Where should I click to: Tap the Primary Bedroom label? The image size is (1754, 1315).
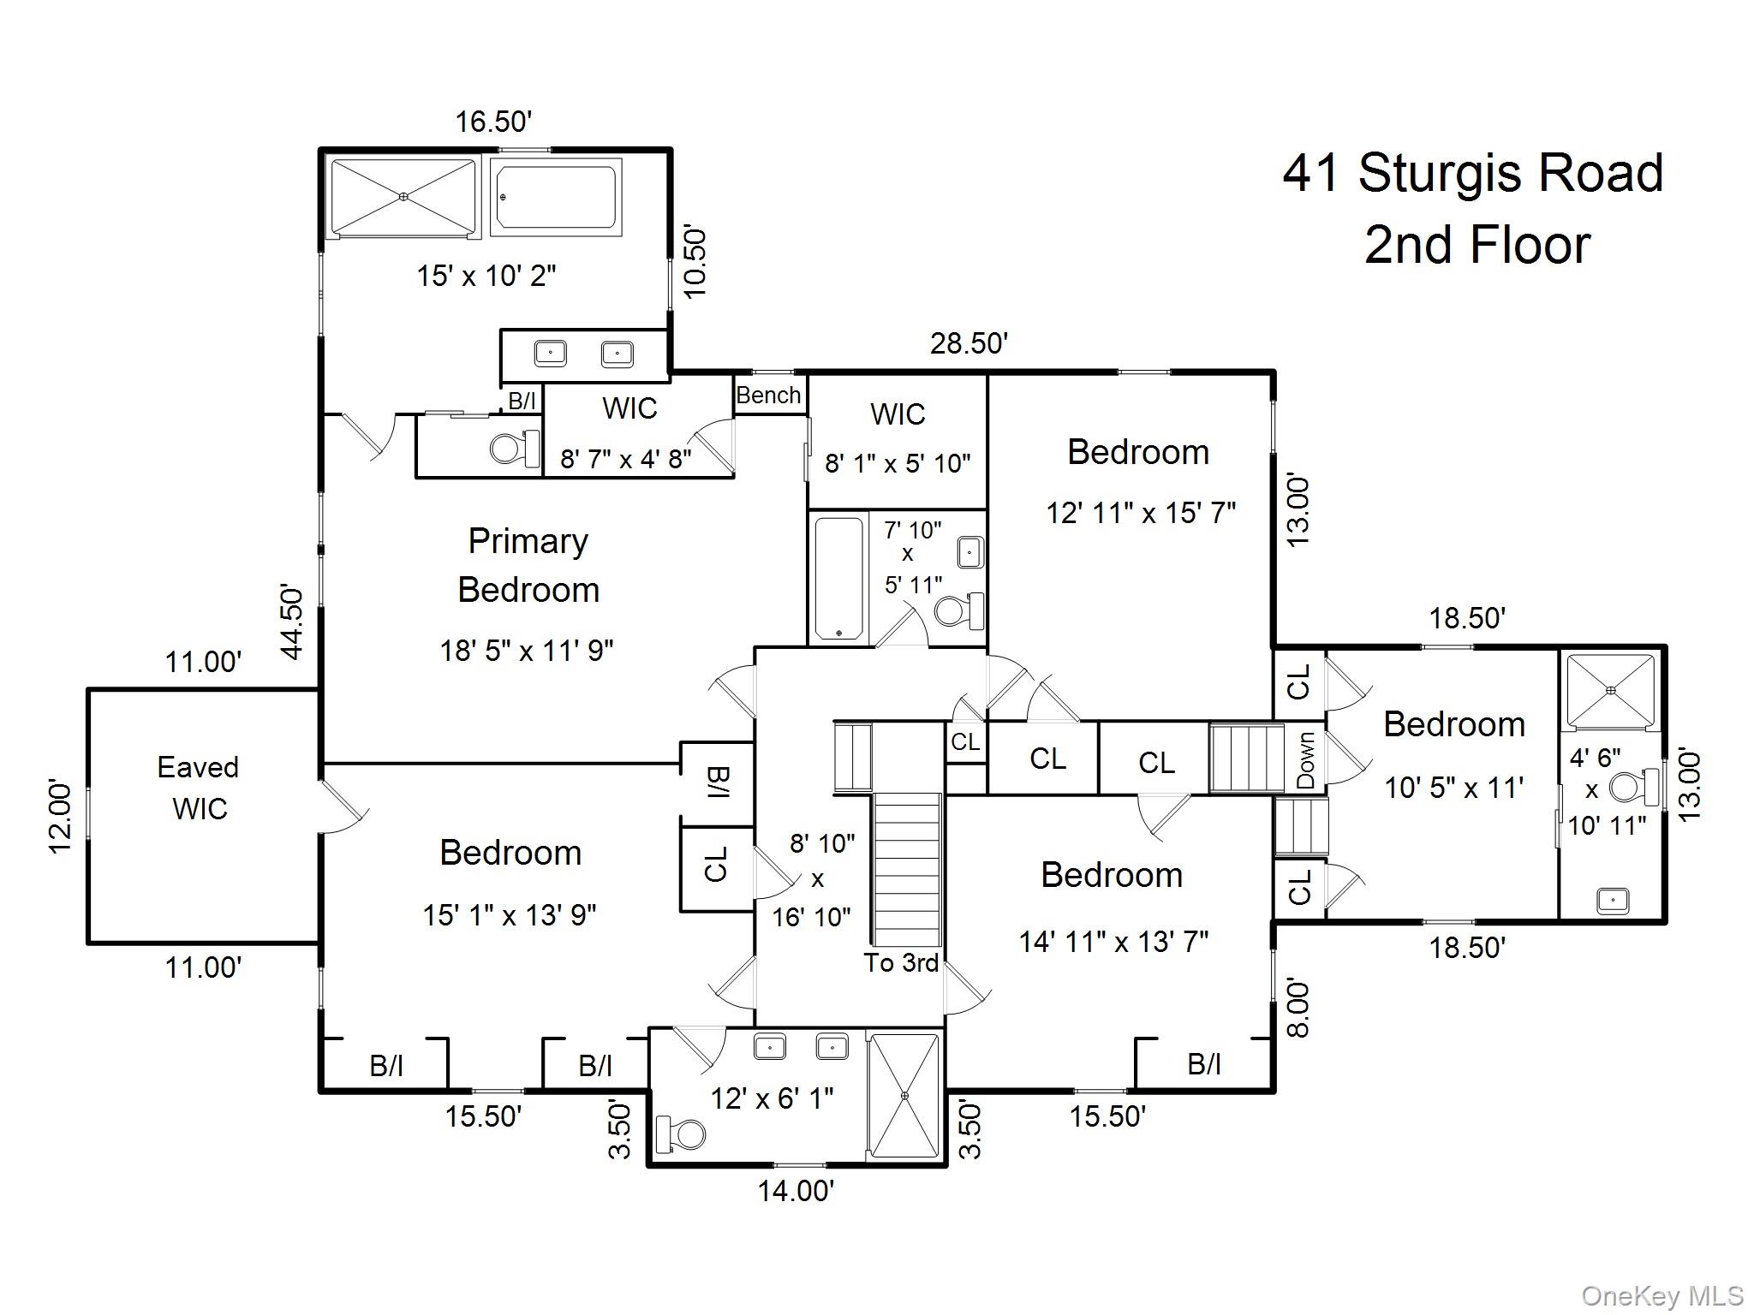tap(528, 565)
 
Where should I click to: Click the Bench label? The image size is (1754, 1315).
tap(768, 396)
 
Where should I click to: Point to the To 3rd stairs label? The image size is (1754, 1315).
tap(900, 963)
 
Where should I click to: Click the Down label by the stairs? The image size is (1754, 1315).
tap(1305, 760)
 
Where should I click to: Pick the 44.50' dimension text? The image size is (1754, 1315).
tap(292, 622)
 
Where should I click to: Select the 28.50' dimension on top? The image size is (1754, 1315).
tap(969, 343)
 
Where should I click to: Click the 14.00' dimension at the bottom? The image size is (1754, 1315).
tap(796, 1191)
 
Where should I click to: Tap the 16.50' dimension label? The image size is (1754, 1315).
tap(493, 122)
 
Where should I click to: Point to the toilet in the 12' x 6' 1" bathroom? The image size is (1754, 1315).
tap(681, 1134)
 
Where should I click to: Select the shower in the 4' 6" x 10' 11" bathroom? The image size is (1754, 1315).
tap(1610, 689)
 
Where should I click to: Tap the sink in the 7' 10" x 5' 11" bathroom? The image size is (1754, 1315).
tap(969, 552)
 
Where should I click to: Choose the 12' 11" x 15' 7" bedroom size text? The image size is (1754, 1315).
tap(1140, 513)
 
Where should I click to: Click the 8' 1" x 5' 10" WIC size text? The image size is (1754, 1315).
tap(897, 463)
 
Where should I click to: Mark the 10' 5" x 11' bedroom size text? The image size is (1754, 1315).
tap(1453, 788)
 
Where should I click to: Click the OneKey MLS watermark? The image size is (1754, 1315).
tap(1662, 1296)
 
